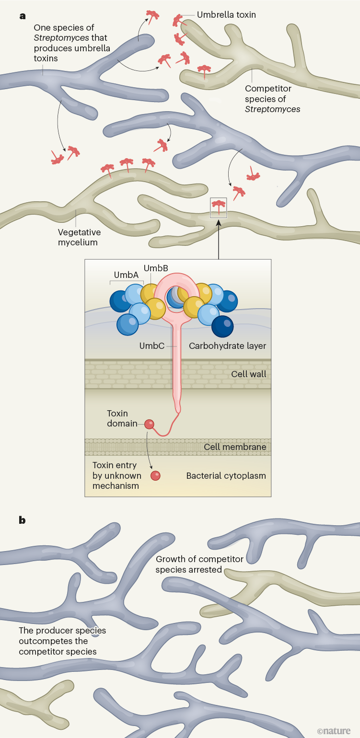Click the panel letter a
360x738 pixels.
click(x=22, y=16)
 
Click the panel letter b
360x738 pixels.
click(x=22, y=520)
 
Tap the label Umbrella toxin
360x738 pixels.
click(x=227, y=15)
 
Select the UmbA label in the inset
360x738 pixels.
click(x=126, y=275)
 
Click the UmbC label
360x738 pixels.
click(x=152, y=346)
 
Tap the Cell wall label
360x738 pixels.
click(x=248, y=374)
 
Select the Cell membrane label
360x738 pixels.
click(x=235, y=447)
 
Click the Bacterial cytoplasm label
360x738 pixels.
click(x=226, y=476)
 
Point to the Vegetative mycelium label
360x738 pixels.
click(x=79, y=237)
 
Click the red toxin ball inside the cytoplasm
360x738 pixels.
click(x=155, y=475)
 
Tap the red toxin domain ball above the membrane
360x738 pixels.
click(x=150, y=424)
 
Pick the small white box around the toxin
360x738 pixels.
click(x=219, y=208)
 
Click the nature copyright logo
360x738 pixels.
click(x=334, y=731)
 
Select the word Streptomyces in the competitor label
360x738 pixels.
click(x=272, y=109)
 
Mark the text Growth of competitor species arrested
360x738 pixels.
click(x=199, y=565)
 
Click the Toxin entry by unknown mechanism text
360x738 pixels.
click(x=116, y=475)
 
